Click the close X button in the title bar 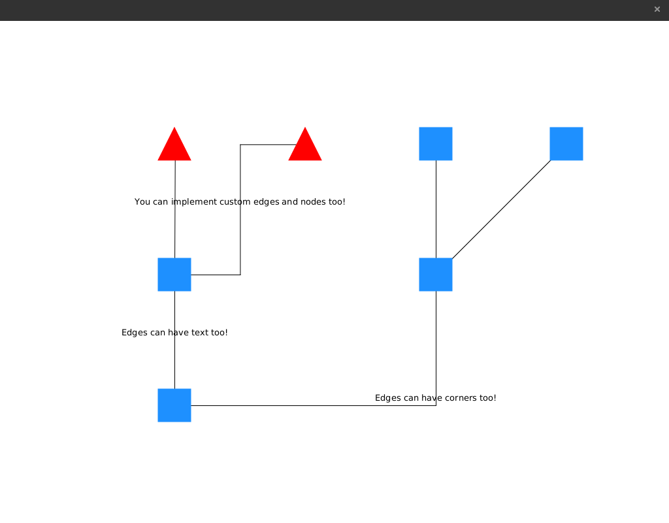click(657, 9)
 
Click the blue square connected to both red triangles click(174, 275)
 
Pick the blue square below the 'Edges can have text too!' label click(174, 405)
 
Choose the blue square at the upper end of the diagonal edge click(566, 144)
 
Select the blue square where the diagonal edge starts click(436, 275)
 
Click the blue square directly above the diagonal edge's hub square click(436, 144)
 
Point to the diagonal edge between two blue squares click(501, 209)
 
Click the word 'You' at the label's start click(142, 202)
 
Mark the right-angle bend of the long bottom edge click(436, 405)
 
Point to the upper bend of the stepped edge click(240, 144)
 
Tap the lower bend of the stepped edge click(240, 275)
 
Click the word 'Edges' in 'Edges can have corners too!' click(387, 398)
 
